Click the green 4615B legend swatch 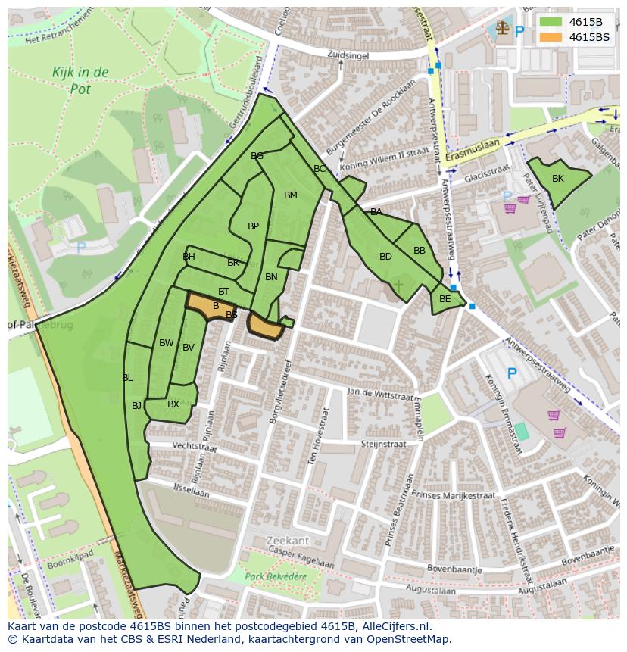click(551, 22)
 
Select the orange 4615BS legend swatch click(551, 36)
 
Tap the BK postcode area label click(558, 179)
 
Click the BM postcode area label click(291, 195)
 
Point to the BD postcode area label click(385, 257)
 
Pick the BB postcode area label click(420, 251)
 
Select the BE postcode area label click(445, 299)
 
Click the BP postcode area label click(254, 226)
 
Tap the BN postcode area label click(271, 277)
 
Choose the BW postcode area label click(167, 343)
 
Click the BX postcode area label click(173, 404)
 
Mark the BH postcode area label click(189, 257)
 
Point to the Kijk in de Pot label click(80, 80)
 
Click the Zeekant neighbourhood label click(288, 541)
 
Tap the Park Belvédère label click(276, 576)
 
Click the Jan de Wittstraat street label click(380, 394)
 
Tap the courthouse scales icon click(502, 29)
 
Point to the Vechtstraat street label click(195, 448)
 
